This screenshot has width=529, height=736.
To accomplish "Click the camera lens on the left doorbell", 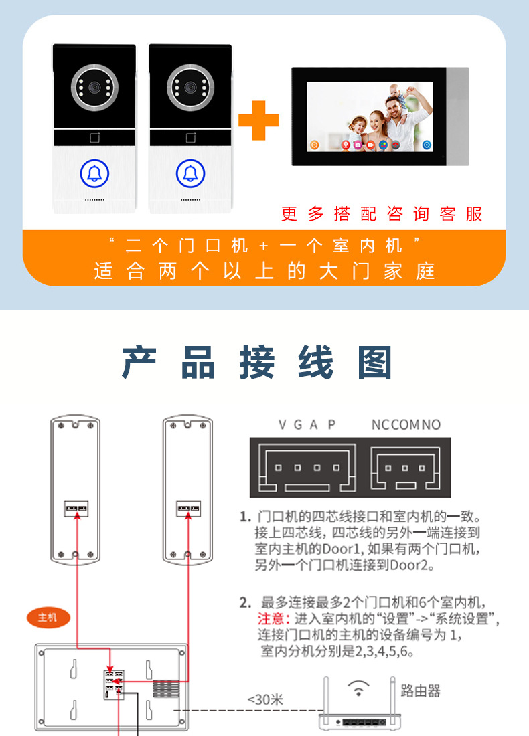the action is [x=94, y=87].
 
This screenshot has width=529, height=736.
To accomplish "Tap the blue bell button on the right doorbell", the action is [x=190, y=173].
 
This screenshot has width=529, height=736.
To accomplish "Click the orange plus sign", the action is [x=258, y=120].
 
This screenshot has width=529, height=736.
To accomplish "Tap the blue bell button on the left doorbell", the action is [x=94, y=173].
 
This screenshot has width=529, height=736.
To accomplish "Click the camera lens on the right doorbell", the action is [x=190, y=87].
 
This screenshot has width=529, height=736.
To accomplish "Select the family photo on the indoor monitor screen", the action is [x=370, y=117].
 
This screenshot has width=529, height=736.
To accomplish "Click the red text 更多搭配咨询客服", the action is [x=382, y=214].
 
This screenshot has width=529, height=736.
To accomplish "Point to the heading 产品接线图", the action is [x=257, y=362].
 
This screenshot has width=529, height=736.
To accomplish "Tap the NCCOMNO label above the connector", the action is [x=406, y=425].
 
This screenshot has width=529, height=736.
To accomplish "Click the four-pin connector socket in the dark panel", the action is [x=307, y=469].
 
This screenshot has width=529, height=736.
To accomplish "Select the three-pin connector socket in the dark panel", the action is [x=405, y=468].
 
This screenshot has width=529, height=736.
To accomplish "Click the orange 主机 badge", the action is [x=48, y=618].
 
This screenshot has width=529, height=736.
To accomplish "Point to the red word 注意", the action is [x=271, y=619].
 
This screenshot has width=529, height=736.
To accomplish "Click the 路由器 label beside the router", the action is [x=421, y=691].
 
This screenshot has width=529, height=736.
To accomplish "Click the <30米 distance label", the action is [x=265, y=700].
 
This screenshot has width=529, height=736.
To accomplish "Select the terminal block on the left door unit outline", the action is [x=76, y=509].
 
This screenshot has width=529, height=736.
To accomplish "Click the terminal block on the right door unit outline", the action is [x=188, y=509].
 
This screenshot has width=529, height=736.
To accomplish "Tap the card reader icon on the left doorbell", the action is [x=95, y=138].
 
